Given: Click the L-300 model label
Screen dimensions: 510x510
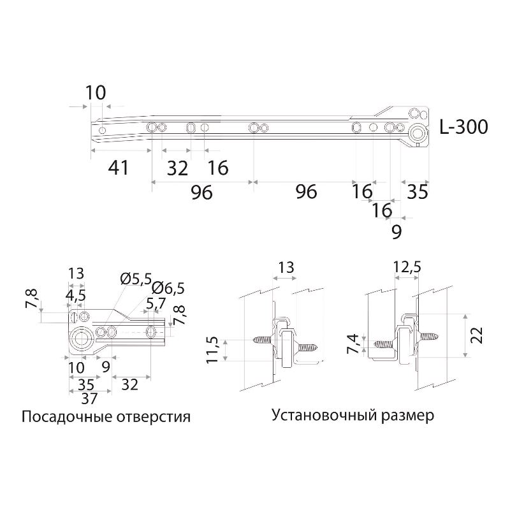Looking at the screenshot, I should [x=464, y=127].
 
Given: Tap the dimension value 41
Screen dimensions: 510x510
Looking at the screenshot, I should [x=119, y=168].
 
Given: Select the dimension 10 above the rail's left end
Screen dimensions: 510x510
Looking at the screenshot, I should [x=95, y=92].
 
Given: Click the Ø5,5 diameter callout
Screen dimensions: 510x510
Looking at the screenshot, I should [x=135, y=279].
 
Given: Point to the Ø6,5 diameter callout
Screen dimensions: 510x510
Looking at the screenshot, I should [x=168, y=288].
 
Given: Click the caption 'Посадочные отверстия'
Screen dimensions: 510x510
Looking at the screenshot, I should [x=106, y=418].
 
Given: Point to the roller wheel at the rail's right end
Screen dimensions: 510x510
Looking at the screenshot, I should [x=419, y=134].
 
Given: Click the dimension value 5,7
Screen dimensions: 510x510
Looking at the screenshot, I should [x=156, y=303].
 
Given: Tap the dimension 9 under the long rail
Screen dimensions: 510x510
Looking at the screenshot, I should [x=396, y=233].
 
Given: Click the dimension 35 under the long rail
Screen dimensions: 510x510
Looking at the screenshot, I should [x=418, y=192].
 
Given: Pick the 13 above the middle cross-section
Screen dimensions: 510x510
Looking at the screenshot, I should [x=286, y=268].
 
